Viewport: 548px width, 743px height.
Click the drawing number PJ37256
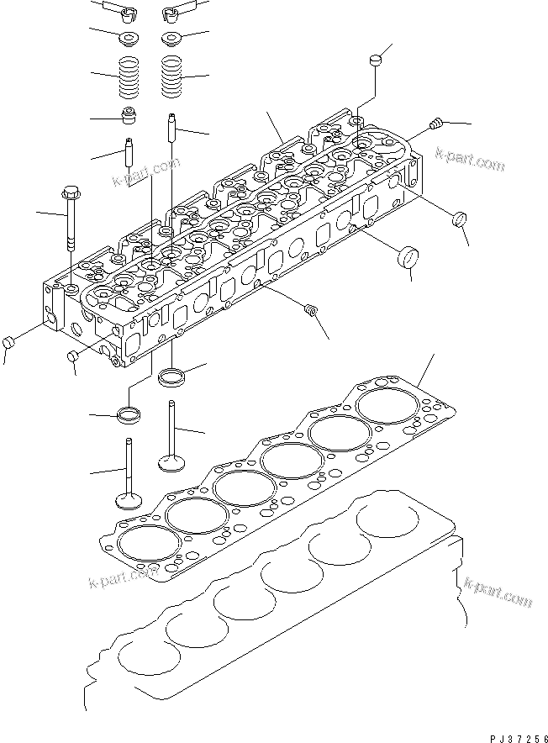click(x=519, y=738)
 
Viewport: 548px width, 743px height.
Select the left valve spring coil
click(x=129, y=77)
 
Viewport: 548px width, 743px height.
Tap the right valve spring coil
click(x=171, y=76)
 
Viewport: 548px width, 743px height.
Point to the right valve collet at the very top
click(x=172, y=14)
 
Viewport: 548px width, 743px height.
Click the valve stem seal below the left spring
click(x=129, y=116)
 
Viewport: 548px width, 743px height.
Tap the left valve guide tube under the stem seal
click(x=129, y=151)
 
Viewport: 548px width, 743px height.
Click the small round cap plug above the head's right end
click(x=376, y=61)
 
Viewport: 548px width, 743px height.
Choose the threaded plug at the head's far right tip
click(x=435, y=124)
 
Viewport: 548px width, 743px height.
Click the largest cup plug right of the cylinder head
click(x=407, y=256)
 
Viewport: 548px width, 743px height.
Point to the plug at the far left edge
click(x=8, y=342)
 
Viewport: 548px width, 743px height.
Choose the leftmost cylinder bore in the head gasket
click(x=149, y=544)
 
